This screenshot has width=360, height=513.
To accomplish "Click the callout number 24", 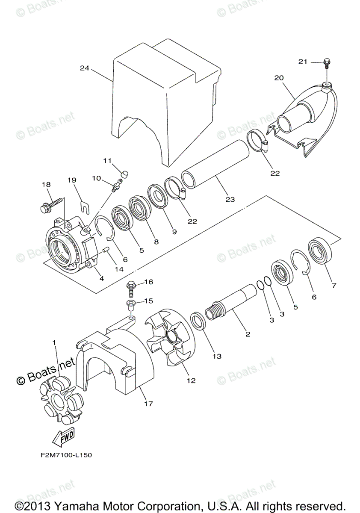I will (x=84, y=68).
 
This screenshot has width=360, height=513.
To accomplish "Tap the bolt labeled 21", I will (x=326, y=63).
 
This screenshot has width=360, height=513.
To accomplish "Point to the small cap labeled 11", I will (x=125, y=173).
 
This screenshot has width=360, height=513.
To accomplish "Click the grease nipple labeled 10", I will (x=115, y=187).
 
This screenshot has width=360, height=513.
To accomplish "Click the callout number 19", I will (x=71, y=180).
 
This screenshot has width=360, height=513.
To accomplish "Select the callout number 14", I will (x=118, y=269).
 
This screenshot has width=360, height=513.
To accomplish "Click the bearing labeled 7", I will (x=319, y=252).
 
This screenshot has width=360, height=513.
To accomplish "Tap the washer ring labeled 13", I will (x=198, y=321).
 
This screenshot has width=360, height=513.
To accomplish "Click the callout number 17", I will (x=149, y=403).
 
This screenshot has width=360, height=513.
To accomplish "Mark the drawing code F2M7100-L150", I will (x=64, y=455).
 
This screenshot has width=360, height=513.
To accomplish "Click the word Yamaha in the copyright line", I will (x=79, y=505).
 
